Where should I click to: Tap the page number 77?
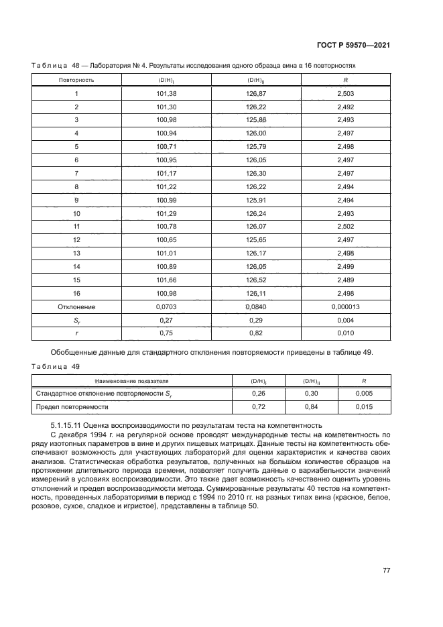pos(386,570)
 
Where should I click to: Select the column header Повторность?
pos(76,80)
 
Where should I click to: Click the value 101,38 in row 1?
pos(166,94)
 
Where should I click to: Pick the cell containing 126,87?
pos(256,94)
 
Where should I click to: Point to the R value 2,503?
pos(345,94)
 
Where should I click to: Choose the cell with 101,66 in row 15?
pos(166,280)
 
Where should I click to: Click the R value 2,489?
pos(345,280)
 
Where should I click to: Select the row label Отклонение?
pos(76,306)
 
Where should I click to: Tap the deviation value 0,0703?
pos(166,306)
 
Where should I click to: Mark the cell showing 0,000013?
pos(345,306)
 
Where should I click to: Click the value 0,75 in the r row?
pos(166,333)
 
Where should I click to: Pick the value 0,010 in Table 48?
pos(345,333)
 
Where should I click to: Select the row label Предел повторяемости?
pos(72,407)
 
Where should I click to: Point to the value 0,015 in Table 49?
pos(364,407)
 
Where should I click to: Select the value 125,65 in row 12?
pos(256,240)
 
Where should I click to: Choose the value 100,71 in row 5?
pos(166,147)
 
